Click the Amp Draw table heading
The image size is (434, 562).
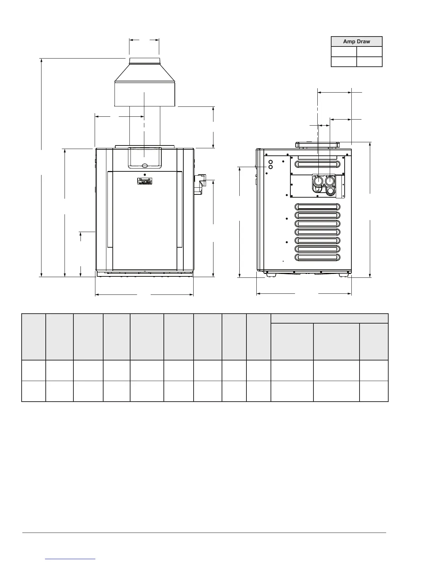[x=356, y=42]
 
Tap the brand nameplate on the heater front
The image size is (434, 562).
[x=145, y=181]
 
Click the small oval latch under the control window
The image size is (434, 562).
[x=145, y=165]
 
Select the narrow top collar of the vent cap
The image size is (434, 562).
[x=144, y=61]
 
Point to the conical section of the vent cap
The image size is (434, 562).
[x=144, y=73]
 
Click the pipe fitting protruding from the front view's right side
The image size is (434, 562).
[x=200, y=184]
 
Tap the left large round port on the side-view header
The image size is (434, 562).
[x=318, y=181]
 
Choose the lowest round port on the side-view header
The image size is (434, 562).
[x=330, y=191]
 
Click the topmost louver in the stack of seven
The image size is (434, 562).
[x=317, y=207]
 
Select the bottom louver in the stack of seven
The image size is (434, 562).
[x=317, y=257]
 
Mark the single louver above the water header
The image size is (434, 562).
[x=317, y=164]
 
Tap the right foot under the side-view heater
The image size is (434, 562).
[x=343, y=275]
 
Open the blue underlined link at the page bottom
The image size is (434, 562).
[x=71, y=558]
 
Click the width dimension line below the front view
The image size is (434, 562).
[x=144, y=294]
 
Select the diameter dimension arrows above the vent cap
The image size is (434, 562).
[x=144, y=40]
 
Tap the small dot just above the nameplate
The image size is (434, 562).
[x=145, y=175]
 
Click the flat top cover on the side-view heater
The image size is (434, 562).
[x=317, y=145]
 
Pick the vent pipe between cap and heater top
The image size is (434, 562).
[x=144, y=126]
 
